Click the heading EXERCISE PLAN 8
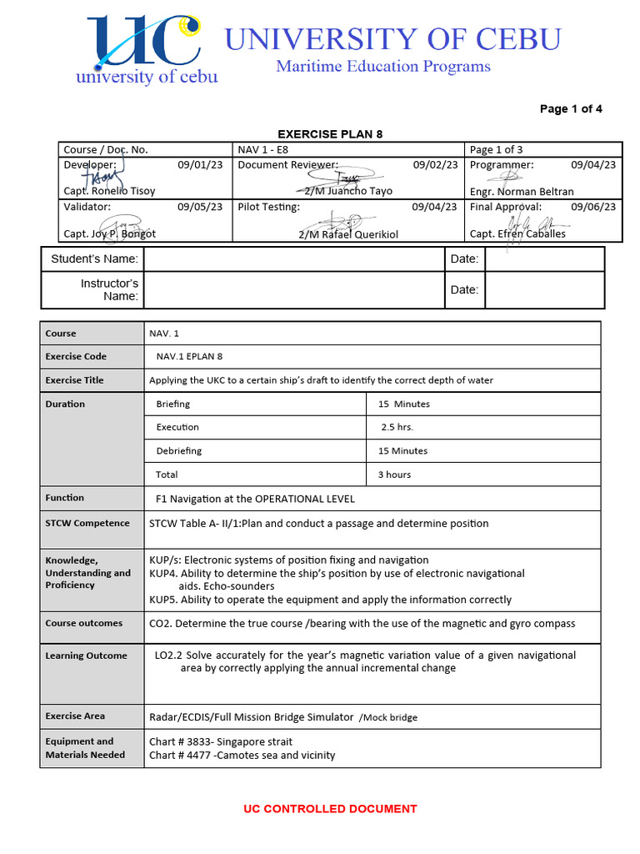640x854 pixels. pyautogui.click(x=329, y=134)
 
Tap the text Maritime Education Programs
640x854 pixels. pyautogui.click(x=383, y=66)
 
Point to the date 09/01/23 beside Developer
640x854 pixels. pyautogui.click(x=200, y=165)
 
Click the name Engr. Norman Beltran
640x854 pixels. pyautogui.click(x=522, y=191)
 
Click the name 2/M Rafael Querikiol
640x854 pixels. pyautogui.click(x=348, y=234)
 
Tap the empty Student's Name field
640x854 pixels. pyautogui.click(x=293, y=259)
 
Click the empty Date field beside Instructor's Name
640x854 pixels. pyautogui.click(x=544, y=290)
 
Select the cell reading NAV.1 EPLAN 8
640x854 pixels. pyautogui.click(x=189, y=356)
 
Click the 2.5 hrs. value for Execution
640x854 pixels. pyautogui.click(x=397, y=427)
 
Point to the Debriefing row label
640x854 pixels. pyautogui.click(x=178, y=450)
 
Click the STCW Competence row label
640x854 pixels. pyautogui.click(x=87, y=523)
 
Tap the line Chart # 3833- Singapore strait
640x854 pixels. pyautogui.click(x=221, y=741)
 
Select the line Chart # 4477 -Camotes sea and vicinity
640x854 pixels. pyautogui.click(x=242, y=756)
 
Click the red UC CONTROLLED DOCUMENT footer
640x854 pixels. pyautogui.click(x=330, y=809)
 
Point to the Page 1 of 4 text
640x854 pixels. pyautogui.click(x=571, y=109)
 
